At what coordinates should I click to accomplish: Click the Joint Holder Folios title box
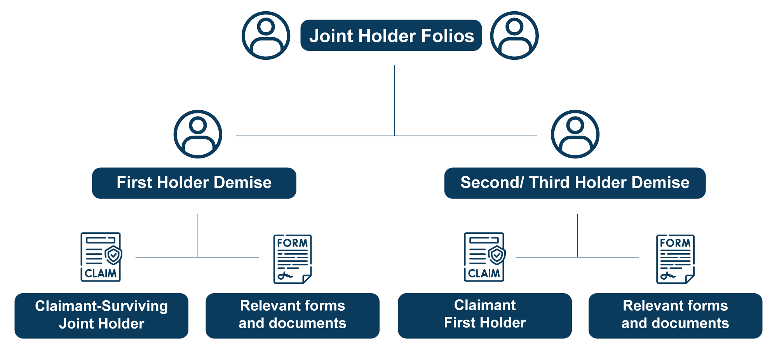click(x=391, y=35)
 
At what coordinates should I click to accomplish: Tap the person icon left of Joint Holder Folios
click(x=266, y=35)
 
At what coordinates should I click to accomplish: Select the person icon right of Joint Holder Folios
click(x=514, y=35)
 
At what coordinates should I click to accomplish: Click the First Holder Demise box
click(x=194, y=183)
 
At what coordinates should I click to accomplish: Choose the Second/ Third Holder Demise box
click(x=575, y=183)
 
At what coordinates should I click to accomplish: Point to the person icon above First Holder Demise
click(x=198, y=134)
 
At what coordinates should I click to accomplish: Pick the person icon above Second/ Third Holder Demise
click(x=575, y=134)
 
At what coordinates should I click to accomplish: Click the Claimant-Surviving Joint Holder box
click(x=101, y=315)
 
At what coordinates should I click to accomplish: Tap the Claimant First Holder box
click(x=484, y=315)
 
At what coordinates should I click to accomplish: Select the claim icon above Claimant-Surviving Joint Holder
click(x=101, y=257)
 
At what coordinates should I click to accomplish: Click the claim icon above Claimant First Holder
click(x=484, y=257)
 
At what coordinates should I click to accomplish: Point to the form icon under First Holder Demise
click(x=293, y=259)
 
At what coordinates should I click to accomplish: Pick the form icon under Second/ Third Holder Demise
click(x=675, y=259)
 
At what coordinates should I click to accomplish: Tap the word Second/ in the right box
click(x=492, y=183)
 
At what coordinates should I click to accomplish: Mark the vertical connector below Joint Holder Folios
click(x=395, y=100)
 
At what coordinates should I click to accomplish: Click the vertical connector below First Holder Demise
click(x=197, y=235)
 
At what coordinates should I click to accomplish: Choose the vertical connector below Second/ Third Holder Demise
click(x=577, y=235)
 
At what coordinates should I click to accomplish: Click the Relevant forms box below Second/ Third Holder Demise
click(x=675, y=315)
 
